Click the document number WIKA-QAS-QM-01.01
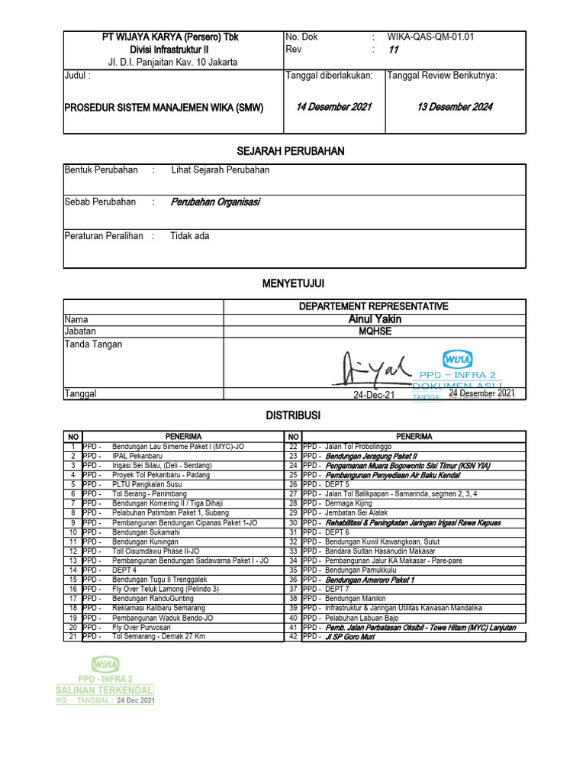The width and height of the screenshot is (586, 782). (434, 36)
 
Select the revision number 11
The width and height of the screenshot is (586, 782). (394, 50)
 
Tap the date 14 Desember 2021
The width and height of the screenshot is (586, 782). (333, 107)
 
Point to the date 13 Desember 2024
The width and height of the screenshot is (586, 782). (454, 107)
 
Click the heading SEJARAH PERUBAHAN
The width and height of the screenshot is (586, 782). (294, 151)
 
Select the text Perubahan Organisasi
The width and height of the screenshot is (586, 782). (215, 202)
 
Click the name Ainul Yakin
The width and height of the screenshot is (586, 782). (374, 319)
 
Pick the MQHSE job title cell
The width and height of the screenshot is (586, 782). (374, 331)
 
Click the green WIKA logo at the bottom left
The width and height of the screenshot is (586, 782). (106, 664)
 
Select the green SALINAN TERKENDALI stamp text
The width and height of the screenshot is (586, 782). (105, 690)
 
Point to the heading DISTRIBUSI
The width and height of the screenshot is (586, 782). (294, 415)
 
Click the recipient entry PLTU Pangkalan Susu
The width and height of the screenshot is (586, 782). (146, 484)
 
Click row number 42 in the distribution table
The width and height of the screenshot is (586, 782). (293, 636)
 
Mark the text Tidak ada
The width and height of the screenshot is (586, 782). (190, 236)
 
